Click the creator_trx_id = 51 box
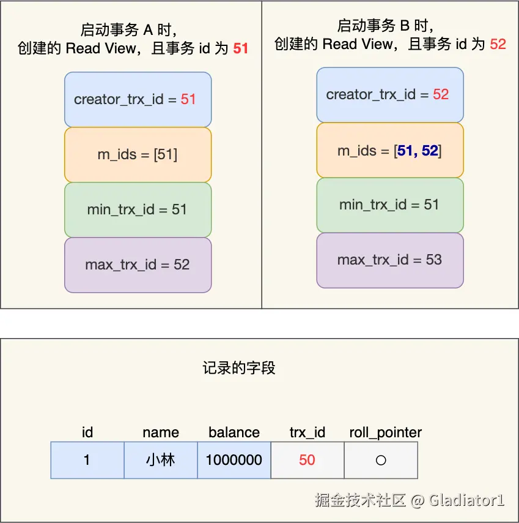(x=138, y=99)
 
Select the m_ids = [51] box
(x=138, y=154)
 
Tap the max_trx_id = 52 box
(x=138, y=265)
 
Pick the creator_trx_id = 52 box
(x=389, y=94)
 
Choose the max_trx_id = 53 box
(x=389, y=260)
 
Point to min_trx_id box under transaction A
(x=138, y=209)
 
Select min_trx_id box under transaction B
(x=389, y=205)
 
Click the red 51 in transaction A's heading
(x=241, y=48)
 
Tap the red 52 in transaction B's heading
(x=498, y=43)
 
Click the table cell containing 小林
(x=161, y=460)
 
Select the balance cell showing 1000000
(x=234, y=460)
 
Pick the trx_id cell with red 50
(x=307, y=460)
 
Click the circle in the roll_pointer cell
(x=381, y=460)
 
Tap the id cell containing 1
(x=87, y=460)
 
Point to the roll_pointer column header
(x=386, y=432)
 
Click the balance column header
(x=234, y=432)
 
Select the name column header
(x=161, y=432)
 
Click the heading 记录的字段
(x=239, y=367)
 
